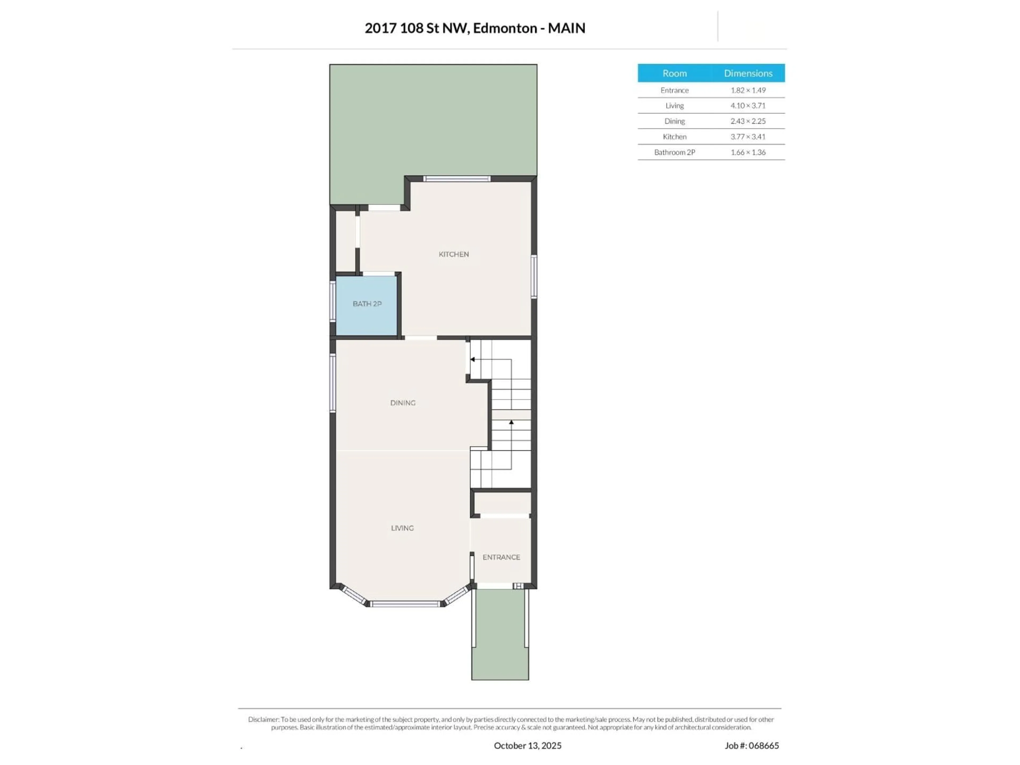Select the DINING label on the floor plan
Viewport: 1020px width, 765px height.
coord(403,403)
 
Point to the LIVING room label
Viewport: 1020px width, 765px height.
coord(402,528)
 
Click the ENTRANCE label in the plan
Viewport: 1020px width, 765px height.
coord(501,557)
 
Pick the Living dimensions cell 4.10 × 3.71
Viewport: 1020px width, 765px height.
coord(747,106)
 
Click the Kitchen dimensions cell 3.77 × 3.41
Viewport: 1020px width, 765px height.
coord(747,137)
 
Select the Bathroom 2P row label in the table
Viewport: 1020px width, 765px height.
coord(674,152)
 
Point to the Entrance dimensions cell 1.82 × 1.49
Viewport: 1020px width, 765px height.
coord(747,90)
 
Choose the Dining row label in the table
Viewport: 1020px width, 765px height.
coord(674,121)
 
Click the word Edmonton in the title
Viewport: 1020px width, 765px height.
coord(505,28)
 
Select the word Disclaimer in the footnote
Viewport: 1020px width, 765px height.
coord(263,719)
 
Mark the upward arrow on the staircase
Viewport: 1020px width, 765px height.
coord(511,422)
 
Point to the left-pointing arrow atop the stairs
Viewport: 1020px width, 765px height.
coord(473,359)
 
